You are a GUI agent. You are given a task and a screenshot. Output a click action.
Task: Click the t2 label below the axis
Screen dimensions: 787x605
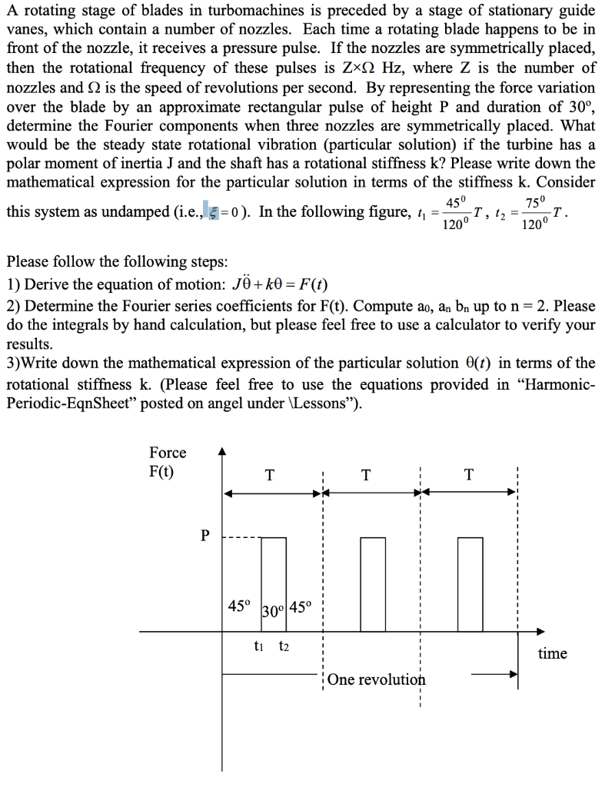click(x=284, y=646)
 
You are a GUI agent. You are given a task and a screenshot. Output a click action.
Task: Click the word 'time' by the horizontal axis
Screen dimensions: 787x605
click(x=552, y=653)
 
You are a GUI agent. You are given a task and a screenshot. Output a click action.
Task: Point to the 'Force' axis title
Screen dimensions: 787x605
click(x=168, y=453)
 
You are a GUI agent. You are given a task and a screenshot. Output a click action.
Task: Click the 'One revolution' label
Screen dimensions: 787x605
click(x=376, y=680)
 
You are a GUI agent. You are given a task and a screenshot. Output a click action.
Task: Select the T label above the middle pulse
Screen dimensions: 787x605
click(x=367, y=475)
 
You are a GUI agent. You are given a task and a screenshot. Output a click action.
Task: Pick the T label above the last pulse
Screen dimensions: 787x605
click(x=470, y=475)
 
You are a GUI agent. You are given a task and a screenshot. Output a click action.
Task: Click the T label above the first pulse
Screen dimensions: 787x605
click(x=268, y=475)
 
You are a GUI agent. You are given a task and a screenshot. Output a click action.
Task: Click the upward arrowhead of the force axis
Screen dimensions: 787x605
click(x=223, y=453)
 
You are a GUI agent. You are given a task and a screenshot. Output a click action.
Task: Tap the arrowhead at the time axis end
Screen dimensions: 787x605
click(x=540, y=632)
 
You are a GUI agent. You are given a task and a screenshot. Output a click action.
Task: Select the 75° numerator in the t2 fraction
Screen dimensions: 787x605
click(x=533, y=202)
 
